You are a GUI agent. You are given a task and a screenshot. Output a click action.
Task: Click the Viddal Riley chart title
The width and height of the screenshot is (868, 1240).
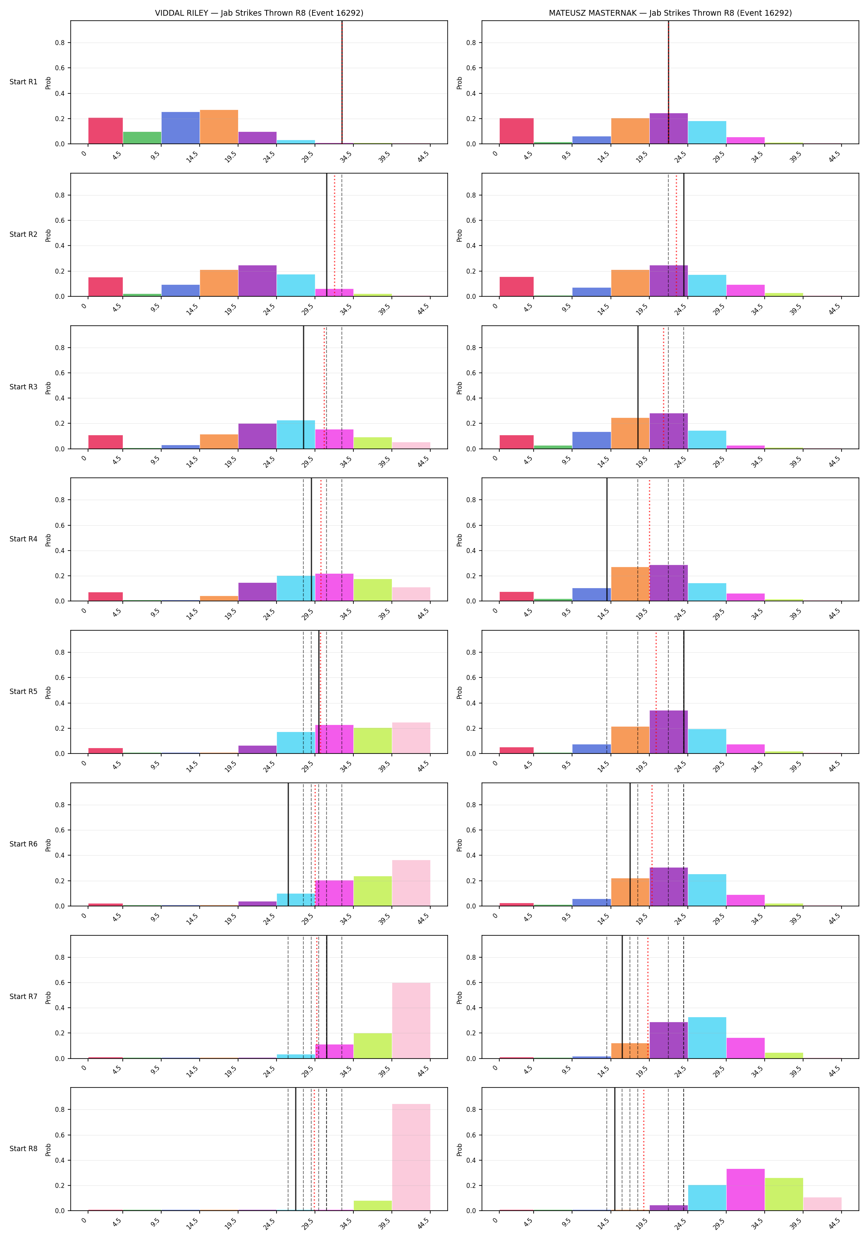point(259,13)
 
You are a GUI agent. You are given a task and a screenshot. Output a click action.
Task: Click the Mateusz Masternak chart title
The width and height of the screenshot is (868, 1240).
point(670,13)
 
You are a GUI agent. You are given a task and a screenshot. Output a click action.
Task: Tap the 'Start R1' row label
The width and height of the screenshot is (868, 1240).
point(23,82)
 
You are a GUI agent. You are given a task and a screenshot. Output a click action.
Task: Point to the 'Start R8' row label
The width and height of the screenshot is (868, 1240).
point(23,1149)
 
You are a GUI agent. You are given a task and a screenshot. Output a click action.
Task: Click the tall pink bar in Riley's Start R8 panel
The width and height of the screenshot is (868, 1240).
point(411,1157)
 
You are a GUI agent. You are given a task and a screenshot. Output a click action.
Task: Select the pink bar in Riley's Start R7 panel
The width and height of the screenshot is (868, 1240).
point(411,1020)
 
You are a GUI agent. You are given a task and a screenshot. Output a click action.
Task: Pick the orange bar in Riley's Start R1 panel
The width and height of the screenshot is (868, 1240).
point(219,127)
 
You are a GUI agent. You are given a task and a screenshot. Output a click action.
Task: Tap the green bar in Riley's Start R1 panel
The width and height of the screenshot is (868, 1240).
point(142,138)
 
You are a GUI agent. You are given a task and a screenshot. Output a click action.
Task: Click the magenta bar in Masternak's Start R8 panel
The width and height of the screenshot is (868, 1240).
point(745,1190)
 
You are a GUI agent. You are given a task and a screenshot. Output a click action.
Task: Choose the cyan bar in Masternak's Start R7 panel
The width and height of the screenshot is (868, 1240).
point(707,1037)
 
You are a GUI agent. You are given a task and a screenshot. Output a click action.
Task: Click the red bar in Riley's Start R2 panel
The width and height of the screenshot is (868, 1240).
point(105,287)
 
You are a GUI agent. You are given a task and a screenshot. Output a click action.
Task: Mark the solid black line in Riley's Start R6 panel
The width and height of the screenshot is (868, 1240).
point(288,844)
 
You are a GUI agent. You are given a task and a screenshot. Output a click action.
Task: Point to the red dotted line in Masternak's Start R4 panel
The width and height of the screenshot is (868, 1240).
point(649,539)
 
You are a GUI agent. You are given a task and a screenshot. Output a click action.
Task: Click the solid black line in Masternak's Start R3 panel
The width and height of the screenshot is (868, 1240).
point(638,387)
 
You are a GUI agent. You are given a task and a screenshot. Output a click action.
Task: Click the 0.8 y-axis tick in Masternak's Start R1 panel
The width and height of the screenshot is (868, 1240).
point(471,43)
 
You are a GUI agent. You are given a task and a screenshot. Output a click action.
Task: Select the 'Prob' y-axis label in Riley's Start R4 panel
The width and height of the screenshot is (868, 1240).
point(48,539)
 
